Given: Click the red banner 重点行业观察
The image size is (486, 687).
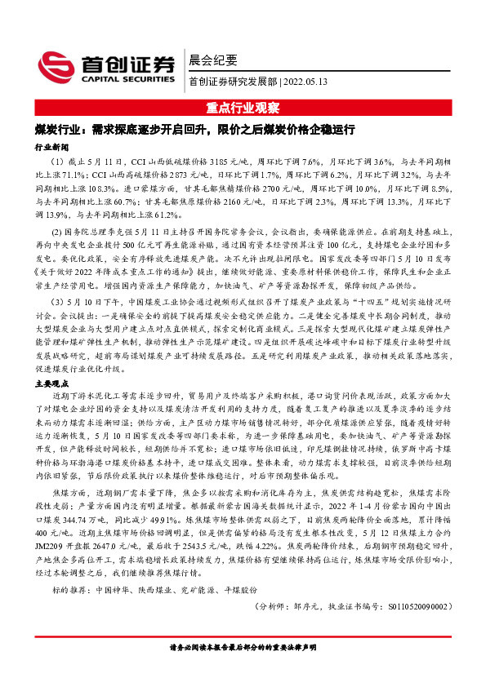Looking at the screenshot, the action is click(x=243, y=108).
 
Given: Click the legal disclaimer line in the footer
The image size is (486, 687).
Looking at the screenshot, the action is click(x=243, y=671).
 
